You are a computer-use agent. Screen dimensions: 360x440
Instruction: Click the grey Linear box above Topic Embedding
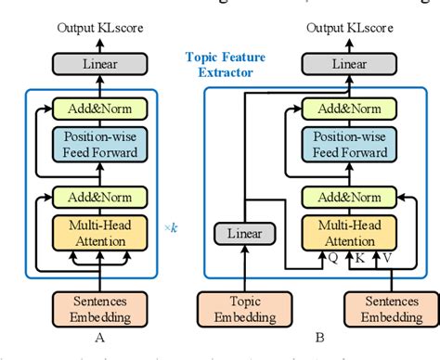(238, 232)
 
